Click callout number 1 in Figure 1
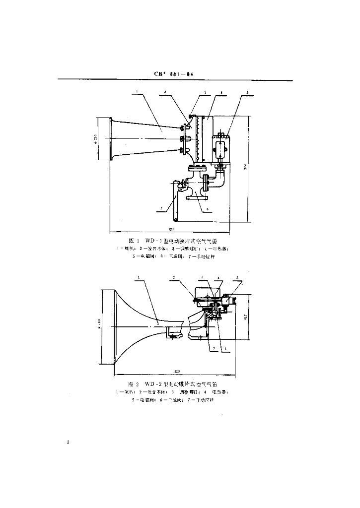pos(136,92)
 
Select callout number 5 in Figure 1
pos(247,92)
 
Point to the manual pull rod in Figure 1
pos(174,201)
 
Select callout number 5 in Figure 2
pos(237,277)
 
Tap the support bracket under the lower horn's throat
pos(172,333)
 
